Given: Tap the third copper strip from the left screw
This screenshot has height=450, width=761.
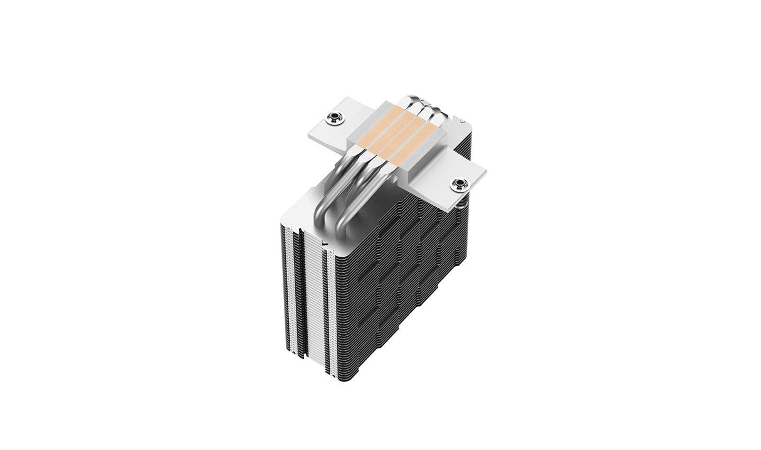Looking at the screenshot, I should coord(405,134).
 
